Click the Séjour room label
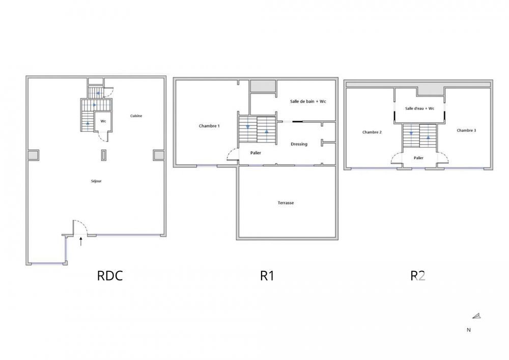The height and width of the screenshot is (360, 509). coord(97,181)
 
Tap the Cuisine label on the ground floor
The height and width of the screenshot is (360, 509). coord(136,116)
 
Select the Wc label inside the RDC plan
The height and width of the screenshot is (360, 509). coord(103,121)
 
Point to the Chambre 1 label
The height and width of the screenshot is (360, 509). coord(209,126)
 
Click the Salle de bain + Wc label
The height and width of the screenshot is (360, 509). coord(308,101)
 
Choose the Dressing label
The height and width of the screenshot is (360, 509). coord(299,144)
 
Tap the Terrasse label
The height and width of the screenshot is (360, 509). coord(286,203)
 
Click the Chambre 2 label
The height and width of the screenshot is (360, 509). coord(372,132)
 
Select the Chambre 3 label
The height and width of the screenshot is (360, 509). coord(466,130)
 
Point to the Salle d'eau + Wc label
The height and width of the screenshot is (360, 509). coord(419,108)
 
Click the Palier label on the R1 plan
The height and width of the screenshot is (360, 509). coord(256,153)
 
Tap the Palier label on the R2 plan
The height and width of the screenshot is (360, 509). coord(418,158)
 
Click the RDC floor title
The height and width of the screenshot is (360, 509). coord(110,276)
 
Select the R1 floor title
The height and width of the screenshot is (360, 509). coord(267,276)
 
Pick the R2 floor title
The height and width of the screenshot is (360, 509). coord(418,276)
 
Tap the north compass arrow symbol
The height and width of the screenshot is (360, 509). coord(476,316)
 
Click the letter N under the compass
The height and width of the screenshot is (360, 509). coord(468,330)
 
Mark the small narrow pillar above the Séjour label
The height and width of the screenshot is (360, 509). coord(104,155)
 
